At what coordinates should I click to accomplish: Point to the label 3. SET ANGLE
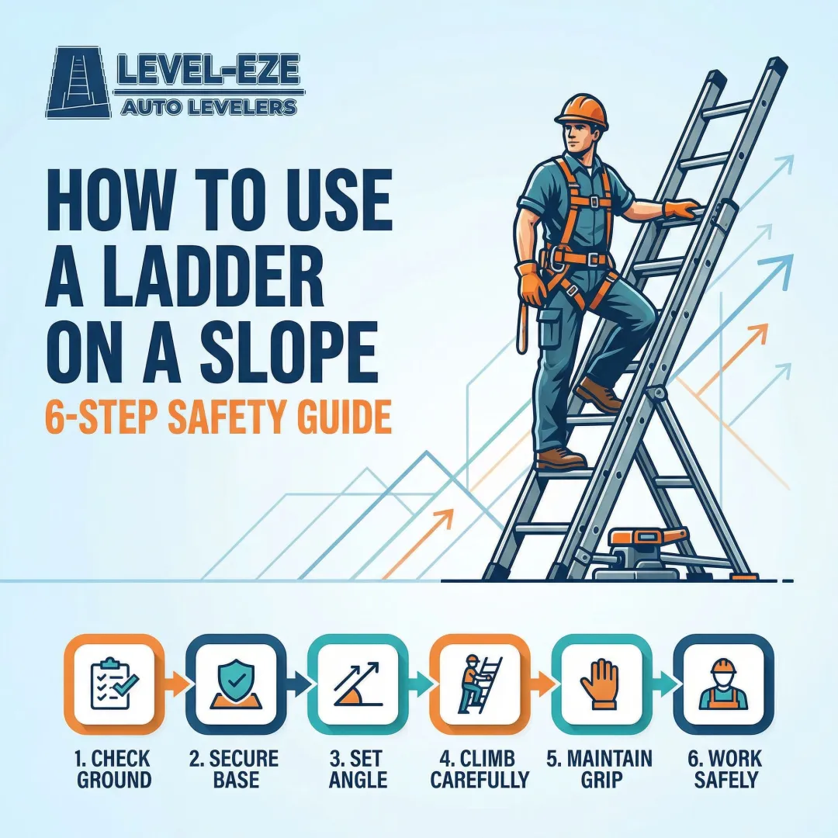click(x=358, y=768)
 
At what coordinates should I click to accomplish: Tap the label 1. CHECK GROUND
click(x=114, y=768)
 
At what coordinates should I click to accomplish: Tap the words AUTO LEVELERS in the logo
click(x=209, y=107)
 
